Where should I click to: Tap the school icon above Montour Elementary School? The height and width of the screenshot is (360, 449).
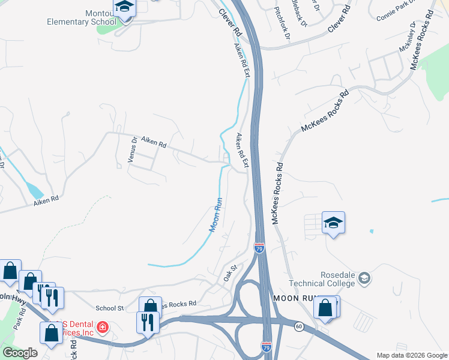(124, 7)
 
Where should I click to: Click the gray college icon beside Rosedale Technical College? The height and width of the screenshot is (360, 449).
(364, 278)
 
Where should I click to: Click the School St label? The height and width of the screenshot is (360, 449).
(109, 308)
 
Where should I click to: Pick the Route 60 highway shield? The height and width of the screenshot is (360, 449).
(298, 326)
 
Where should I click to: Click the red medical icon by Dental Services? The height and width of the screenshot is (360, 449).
(103, 328)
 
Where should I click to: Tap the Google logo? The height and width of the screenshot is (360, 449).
(20, 353)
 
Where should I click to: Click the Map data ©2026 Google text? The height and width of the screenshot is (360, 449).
(412, 355)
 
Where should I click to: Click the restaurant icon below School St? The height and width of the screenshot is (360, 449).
(148, 322)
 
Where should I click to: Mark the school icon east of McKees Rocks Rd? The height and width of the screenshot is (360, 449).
(333, 223)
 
